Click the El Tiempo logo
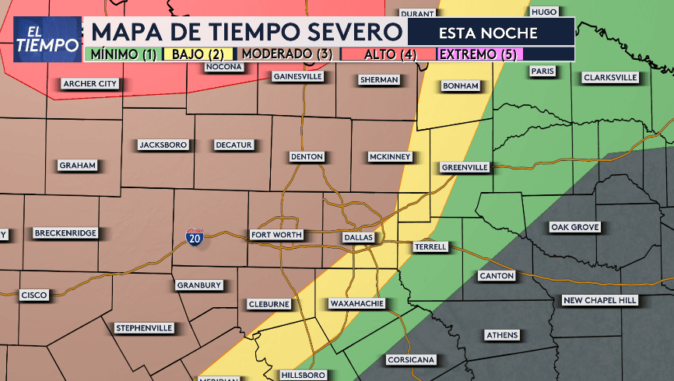47,39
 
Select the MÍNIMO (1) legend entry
122,54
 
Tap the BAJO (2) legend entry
198,54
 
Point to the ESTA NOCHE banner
489,33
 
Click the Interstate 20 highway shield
195,238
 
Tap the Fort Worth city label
275,235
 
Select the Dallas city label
359,236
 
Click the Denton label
306,156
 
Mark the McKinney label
389,156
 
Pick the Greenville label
465,167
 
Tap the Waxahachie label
356,303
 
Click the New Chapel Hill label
599,300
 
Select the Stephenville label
144,328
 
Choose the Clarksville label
609,78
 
